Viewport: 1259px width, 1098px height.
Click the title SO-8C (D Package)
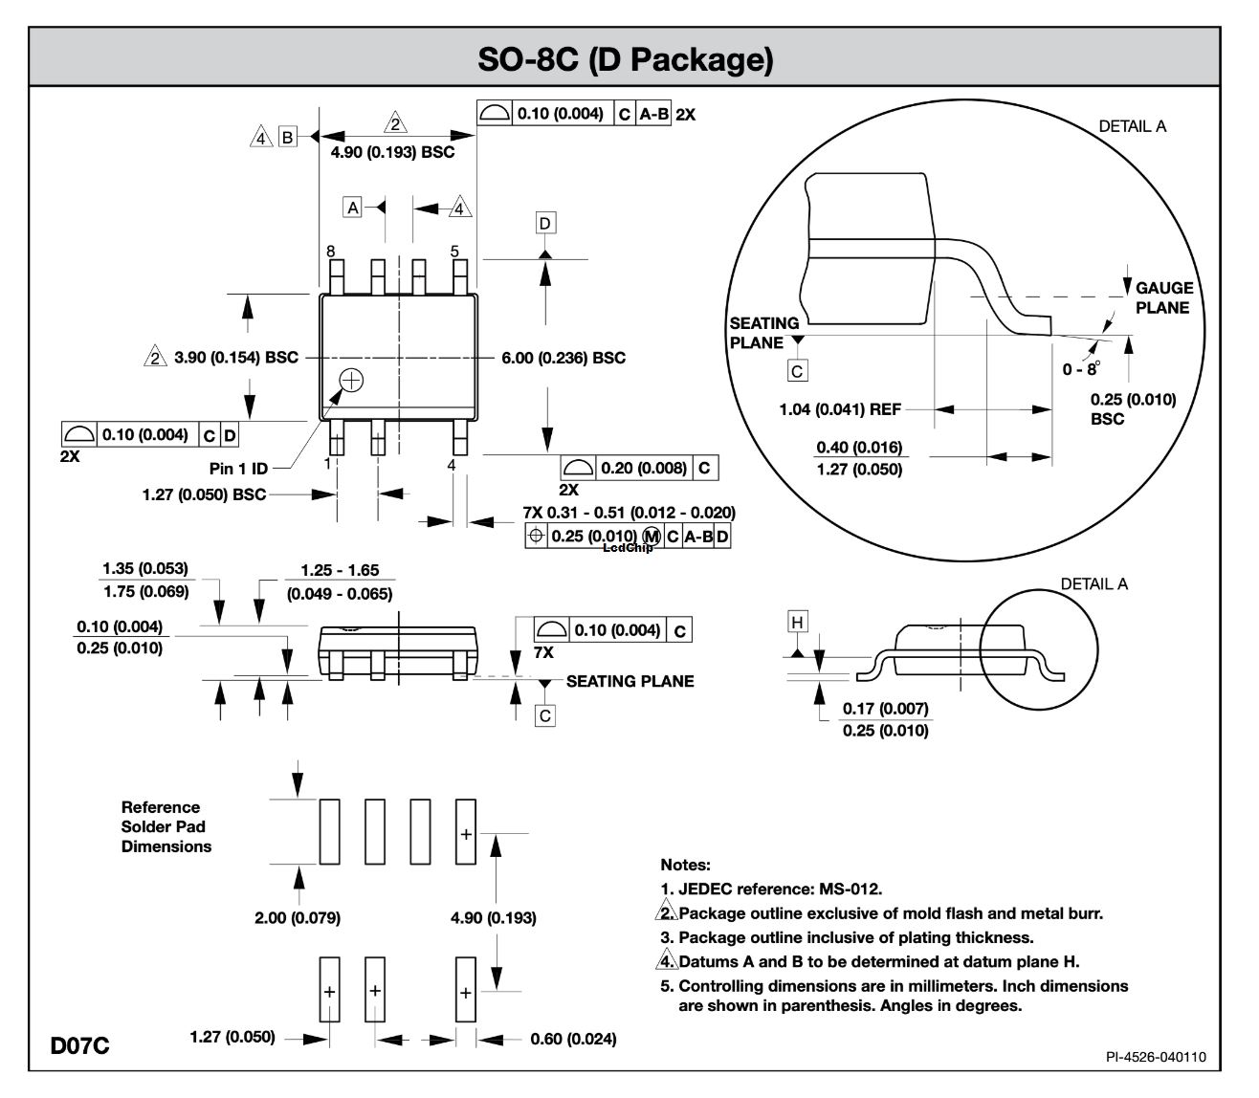pyautogui.click(x=625, y=59)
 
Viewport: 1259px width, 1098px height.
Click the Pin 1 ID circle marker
pyautogui.click(x=352, y=380)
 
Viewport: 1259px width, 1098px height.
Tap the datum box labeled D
pyautogui.click(x=545, y=223)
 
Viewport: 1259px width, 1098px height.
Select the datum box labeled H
pyautogui.click(x=797, y=622)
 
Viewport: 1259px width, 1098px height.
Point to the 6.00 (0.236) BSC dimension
pyautogui.click(x=563, y=358)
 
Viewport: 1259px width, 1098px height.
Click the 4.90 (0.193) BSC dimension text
pyautogui.click(x=392, y=152)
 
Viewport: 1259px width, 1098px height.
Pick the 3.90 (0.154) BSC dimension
pyautogui.click(x=236, y=358)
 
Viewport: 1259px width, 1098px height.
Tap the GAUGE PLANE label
pyautogui.click(x=1162, y=297)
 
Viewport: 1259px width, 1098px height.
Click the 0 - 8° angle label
pyautogui.click(x=1081, y=369)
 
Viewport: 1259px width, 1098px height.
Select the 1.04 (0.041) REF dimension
pyautogui.click(x=841, y=409)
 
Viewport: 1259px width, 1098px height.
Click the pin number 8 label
pyautogui.click(x=330, y=252)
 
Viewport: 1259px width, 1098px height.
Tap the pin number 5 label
pyautogui.click(x=454, y=252)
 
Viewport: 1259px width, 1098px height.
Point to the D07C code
pyautogui.click(x=80, y=1045)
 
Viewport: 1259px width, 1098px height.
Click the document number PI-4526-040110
pyautogui.click(x=1156, y=1056)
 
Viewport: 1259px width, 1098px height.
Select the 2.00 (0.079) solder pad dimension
pyautogui.click(x=298, y=918)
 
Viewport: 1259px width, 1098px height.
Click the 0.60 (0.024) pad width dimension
pyautogui.click(x=573, y=1039)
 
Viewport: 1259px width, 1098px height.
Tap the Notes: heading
pyautogui.click(x=685, y=865)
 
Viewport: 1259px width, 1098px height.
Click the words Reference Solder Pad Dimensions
pyautogui.click(x=166, y=826)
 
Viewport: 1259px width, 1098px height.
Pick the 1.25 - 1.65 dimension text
pyautogui.click(x=340, y=571)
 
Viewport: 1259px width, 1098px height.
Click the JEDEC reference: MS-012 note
pyautogui.click(x=771, y=889)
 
